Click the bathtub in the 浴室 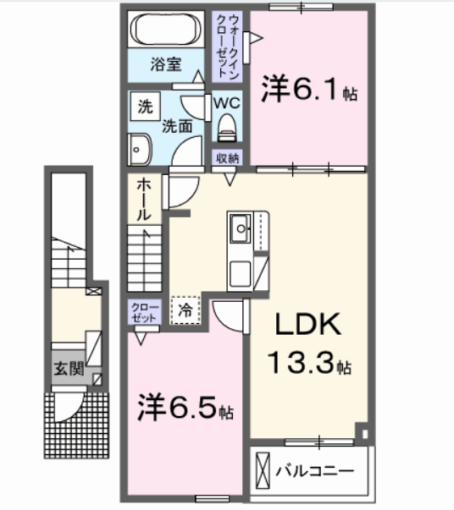[166, 32]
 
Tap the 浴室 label [166, 64]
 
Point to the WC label [226, 101]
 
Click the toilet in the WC [226, 128]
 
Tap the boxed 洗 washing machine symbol [145, 107]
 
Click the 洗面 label [176, 127]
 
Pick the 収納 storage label [227, 157]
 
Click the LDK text [305, 326]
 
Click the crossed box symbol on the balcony [263, 468]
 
